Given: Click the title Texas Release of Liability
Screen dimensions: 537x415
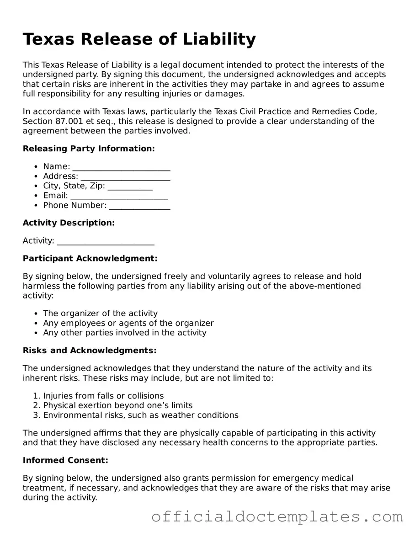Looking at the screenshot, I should click(139, 39).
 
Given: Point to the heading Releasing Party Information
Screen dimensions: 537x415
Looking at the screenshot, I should click(89, 149).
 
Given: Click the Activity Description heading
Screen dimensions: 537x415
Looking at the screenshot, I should click(69, 223).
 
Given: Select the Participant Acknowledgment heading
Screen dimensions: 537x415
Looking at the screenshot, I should click(90, 258).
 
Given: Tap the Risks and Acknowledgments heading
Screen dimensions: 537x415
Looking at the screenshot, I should click(90, 351).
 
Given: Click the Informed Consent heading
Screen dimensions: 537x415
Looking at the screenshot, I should click(65, 460).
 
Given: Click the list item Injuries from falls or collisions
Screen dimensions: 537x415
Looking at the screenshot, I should click(103, 396).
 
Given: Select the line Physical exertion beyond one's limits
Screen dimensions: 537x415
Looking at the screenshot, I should click(117, 405).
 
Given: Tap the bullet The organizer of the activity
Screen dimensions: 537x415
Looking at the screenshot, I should click(100, 314).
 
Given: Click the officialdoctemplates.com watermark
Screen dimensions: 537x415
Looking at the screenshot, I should click(277, 517).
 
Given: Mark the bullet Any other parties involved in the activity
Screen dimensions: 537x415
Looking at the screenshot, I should click(125, 333).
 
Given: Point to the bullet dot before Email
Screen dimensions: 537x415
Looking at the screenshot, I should click(36, 196).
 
